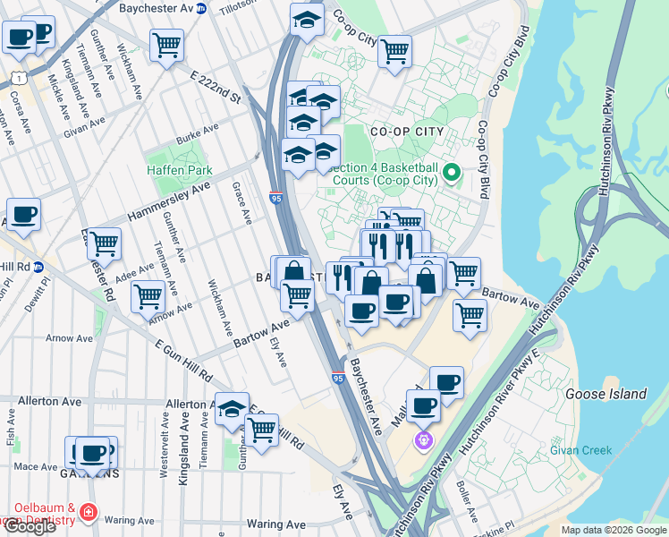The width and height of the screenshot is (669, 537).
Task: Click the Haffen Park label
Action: click(x=180, y=170)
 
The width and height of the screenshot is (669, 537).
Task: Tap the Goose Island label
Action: click(x=605, y=394)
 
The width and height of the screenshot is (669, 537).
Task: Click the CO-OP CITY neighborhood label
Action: click(x=407, y=132)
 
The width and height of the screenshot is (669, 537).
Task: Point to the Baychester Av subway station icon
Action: click(x=201, y=8)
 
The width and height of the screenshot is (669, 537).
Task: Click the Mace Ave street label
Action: click(x=36, y=466)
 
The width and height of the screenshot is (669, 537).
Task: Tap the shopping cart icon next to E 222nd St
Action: click(x=166, y=45)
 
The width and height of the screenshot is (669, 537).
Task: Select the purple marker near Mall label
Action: click(x=422, y=440)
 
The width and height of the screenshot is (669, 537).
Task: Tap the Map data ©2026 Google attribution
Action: click(x=614, y=530)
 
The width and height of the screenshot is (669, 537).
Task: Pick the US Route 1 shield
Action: click(x=17, y=79)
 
